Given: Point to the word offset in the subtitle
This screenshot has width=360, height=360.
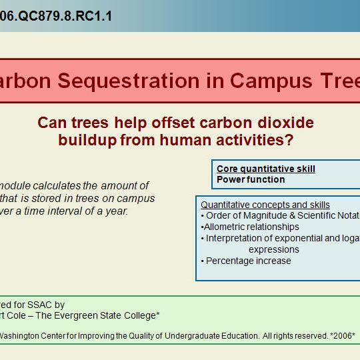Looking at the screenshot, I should (169, 123).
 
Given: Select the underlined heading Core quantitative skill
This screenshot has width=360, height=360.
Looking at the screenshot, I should (266, 169).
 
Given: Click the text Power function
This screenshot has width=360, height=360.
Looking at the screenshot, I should (251, 179).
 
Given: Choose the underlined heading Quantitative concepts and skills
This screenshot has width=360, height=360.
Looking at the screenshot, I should (265, 205).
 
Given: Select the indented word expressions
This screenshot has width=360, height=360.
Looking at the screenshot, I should (273, 249).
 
